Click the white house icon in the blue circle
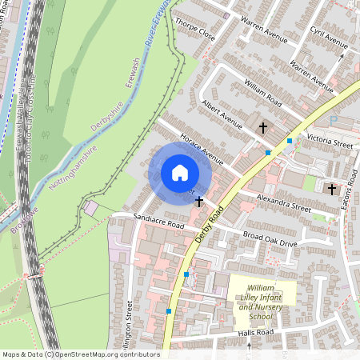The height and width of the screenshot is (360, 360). tap(180, 172)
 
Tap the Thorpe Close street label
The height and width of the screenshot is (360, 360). tap(195, 30)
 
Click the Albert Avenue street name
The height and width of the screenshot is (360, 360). tap(222, 115)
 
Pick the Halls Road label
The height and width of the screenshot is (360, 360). tap(255, 332)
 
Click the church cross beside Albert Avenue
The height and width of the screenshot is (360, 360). tap(262, 127)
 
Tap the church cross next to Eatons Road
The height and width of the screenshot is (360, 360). tap(332, 189)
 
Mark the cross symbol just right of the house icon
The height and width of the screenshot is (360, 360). tap(198, 202)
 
